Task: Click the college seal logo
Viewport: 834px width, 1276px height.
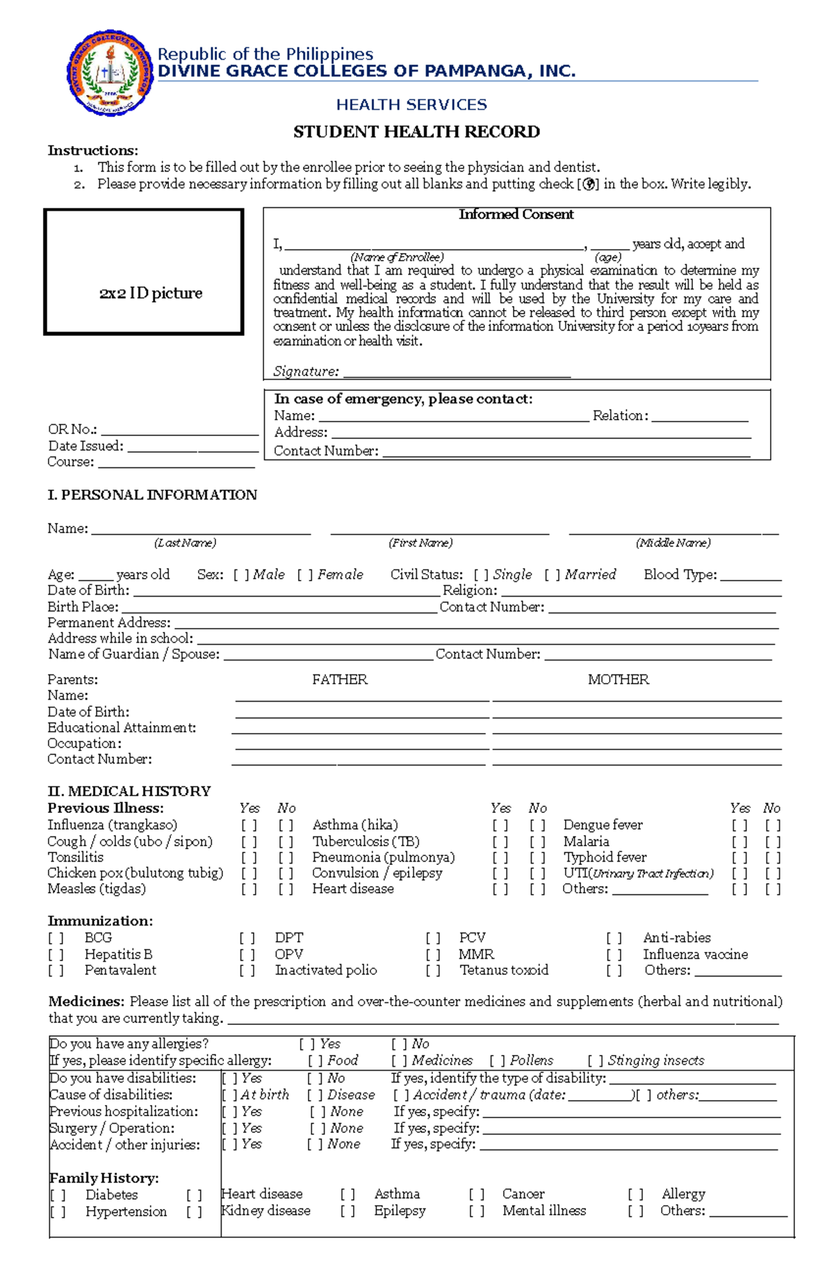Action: point(110,73)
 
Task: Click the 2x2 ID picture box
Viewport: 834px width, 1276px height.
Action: point(144,272)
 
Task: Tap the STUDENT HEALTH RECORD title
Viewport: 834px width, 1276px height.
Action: point(416,132)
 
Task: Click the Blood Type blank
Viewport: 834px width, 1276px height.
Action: point(751,576)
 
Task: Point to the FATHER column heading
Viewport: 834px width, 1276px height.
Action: point(339,679)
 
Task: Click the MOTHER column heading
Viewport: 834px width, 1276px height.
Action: point(618,679)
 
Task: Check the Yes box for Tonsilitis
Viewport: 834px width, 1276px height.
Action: point(249,858)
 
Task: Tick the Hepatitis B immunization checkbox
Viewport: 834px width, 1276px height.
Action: point(56,955)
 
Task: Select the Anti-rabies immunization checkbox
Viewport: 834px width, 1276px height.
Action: point(614,938)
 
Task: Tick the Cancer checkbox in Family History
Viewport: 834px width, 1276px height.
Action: point(476,1195)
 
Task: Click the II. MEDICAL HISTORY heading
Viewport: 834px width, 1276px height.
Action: point(129,791)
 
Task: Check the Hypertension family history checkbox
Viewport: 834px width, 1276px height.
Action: point(58,1212)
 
